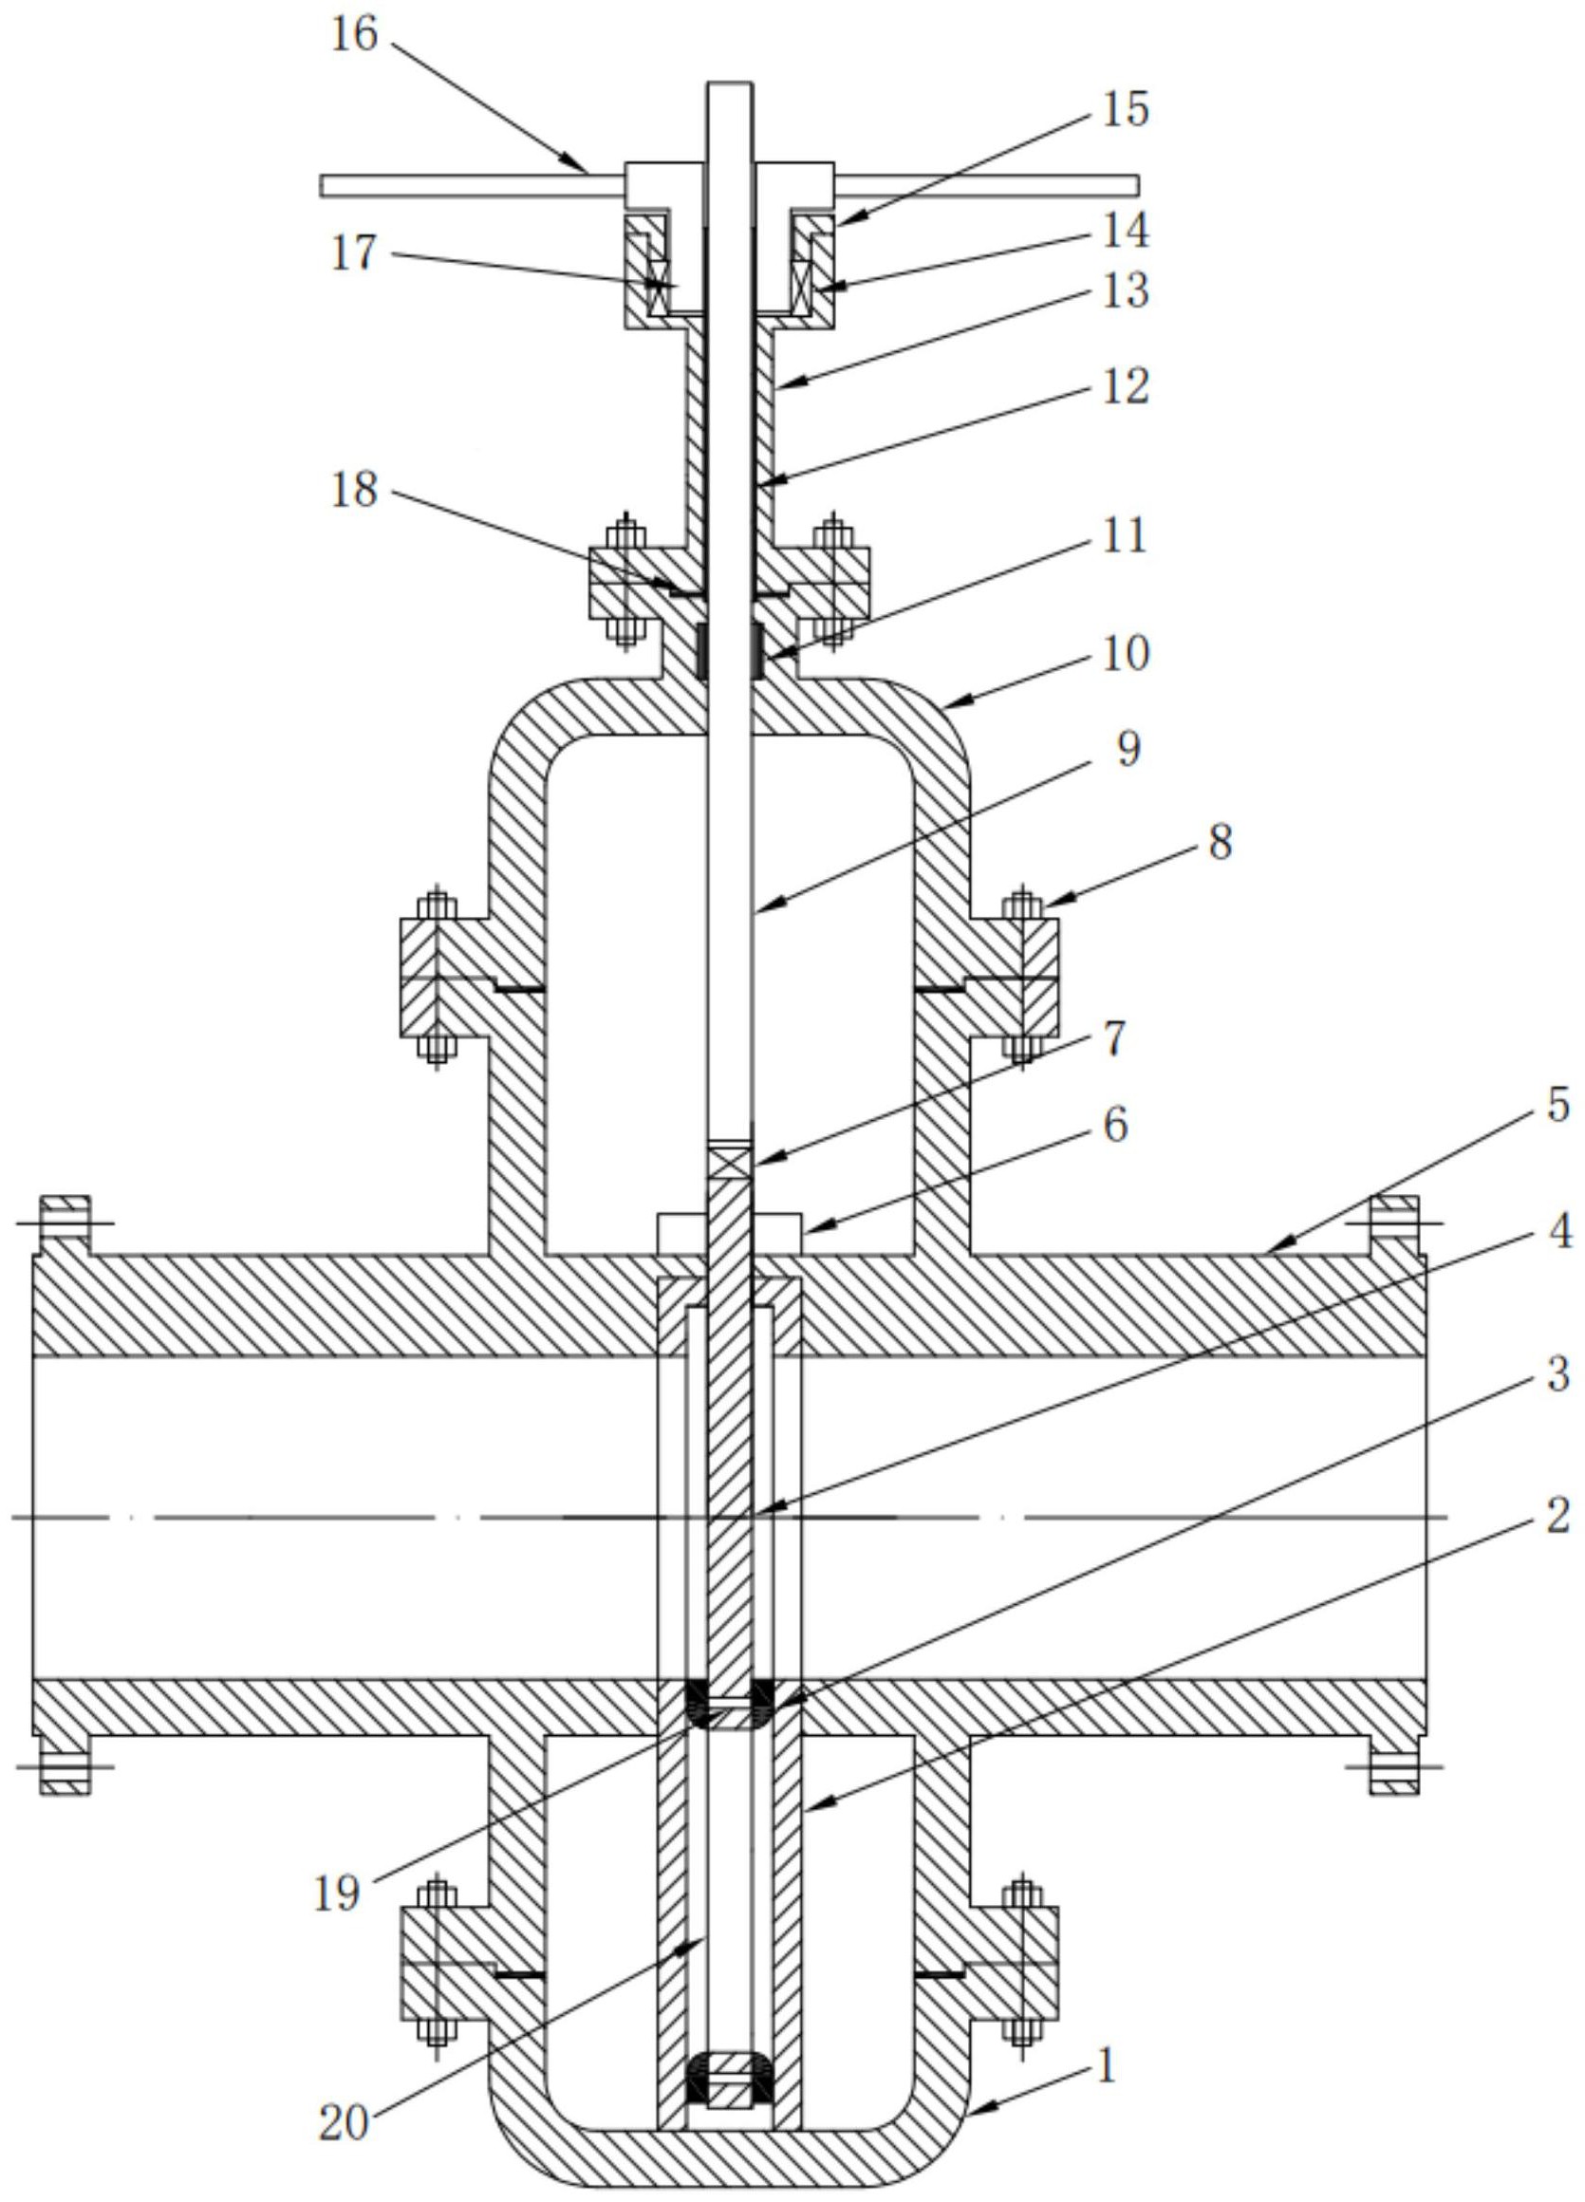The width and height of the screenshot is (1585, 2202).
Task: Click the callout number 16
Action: (x=354, y=36)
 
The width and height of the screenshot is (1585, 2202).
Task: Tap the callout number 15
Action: (x=1125, y=109)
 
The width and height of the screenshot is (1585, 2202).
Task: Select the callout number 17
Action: (x=352, y=254)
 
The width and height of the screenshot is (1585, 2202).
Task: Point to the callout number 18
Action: (x=352, y=491)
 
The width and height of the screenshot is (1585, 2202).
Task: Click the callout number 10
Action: (x=1125, y=653)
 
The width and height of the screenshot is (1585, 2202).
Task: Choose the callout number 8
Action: (x=1218, y=843)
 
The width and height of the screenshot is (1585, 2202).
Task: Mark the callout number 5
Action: (x=1557, y=1105)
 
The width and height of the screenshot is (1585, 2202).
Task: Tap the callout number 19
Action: (x=337, y=1894)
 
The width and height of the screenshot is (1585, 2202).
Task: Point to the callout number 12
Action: (x=1125, y=386)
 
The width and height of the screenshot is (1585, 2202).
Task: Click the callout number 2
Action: (x=1557, y=1517)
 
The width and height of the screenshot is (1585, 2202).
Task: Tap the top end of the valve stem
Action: (x=730, y=84)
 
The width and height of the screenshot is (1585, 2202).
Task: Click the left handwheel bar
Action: (x=472, y=185)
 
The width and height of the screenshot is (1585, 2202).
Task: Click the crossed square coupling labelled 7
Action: (x=730, y=1161)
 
